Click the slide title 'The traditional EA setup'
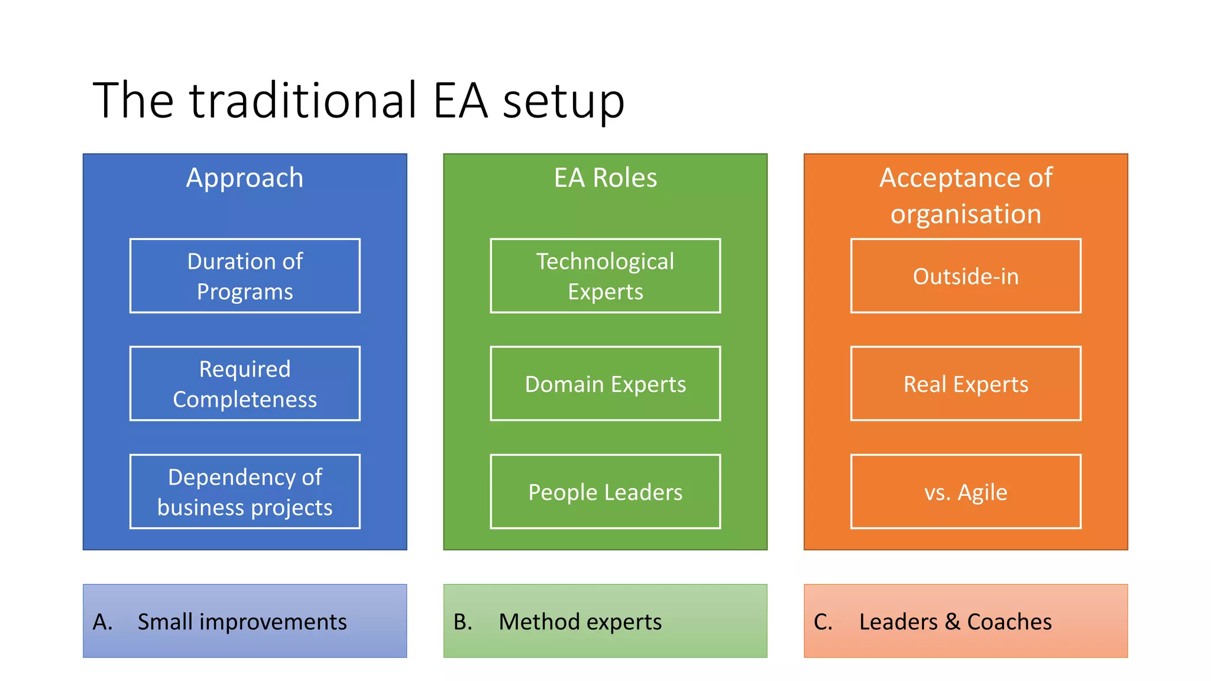click(x=358, y=100)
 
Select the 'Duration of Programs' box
click(x=245, y=276)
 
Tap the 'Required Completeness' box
click(x=245, y=384)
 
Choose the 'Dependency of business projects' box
click(x=245, y=492)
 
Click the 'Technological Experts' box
click(x=605, y=276)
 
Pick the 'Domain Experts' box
click(x=605, y=384)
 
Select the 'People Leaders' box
click(x=605, y=492)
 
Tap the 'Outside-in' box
click(x=966, y=276)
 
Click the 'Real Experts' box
click(x=966, y=384)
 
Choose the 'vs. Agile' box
click(x=966, y=492)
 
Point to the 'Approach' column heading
click(x=245, y=178)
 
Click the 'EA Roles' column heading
click(x=605, y=178)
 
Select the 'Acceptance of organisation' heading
click(x=966, y=196)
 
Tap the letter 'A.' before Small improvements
click(x=102, y=622)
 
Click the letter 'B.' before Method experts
click(x=463, y=622)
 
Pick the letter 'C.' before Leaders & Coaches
click(x=823, y=622)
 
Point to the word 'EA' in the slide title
click(x=460, y=100)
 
